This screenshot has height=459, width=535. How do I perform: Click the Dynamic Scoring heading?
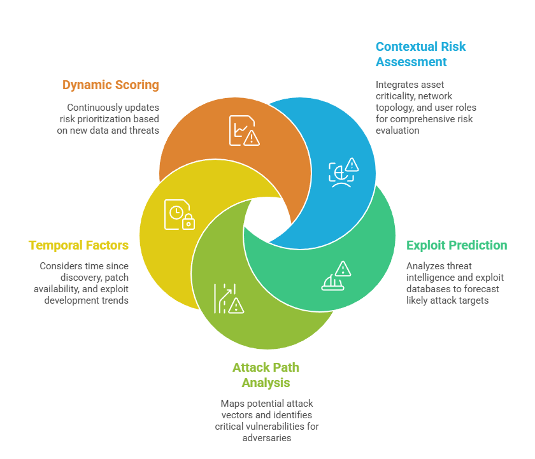coord(110,85)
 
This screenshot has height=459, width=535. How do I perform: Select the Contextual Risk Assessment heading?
coord(420,54)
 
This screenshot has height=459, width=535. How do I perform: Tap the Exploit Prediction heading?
coord(457,245)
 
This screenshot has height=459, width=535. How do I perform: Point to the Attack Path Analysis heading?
coord(266,375)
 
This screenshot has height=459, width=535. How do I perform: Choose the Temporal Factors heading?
coord(78,245)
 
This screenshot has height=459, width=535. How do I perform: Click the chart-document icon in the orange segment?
coord(245,130)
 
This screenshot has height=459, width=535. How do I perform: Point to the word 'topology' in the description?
coord(397,107)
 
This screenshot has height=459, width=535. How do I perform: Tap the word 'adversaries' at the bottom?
coord(267,438)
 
